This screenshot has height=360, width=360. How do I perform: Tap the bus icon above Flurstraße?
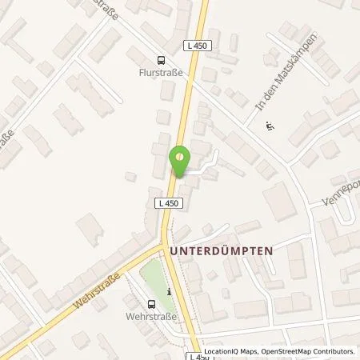pos(162,58)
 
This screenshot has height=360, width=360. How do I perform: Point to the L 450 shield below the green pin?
pos(169,205)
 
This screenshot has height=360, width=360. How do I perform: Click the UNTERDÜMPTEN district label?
pos(221,250)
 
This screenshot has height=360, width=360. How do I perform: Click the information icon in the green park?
pos(169,292)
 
